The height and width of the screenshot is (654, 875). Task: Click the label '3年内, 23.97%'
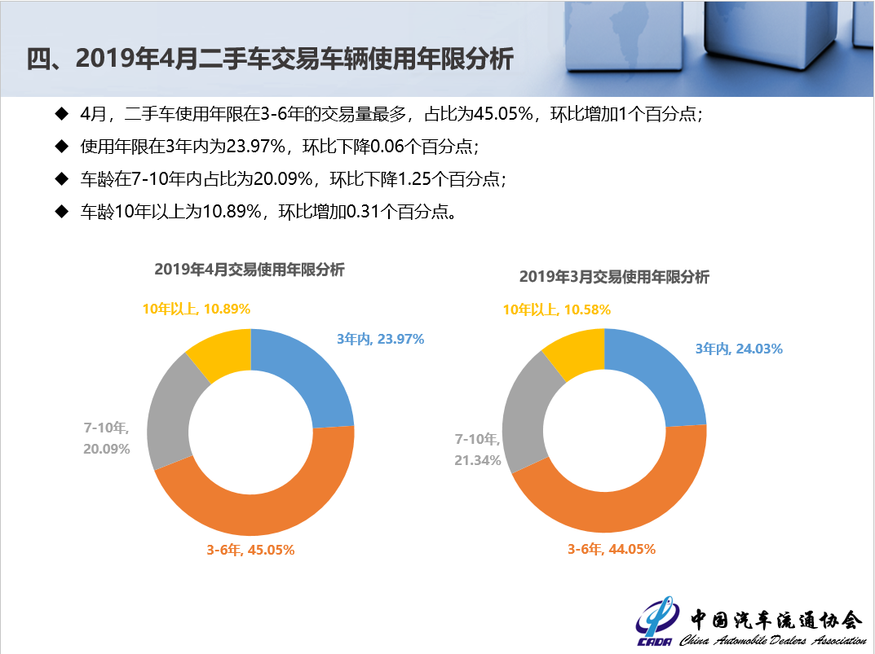click(380, 339)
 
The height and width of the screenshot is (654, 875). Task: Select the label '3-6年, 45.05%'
click(250, 550)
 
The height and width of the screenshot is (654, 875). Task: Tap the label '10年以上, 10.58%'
click(557, 309)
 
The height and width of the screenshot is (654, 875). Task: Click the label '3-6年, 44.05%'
click(612, 549)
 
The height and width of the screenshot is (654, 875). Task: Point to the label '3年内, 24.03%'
click(739, 349)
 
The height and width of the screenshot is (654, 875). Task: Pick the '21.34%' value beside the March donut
click(477, 461)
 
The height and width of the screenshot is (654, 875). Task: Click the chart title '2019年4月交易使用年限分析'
click(250, 270)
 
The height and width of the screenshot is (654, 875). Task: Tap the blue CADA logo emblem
click(654, 624)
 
